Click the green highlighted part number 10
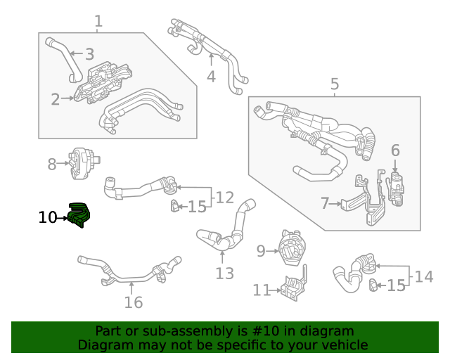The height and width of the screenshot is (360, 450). click(79, 215)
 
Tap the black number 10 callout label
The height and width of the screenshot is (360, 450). click(47, 218)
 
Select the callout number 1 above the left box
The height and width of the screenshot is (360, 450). click(98, 22)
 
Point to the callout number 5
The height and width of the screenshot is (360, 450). click(335, 85)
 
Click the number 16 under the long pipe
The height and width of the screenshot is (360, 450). click(133, 302)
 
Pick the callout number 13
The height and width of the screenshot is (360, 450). click(224, 274)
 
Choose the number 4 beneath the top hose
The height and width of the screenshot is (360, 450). click(211, 77)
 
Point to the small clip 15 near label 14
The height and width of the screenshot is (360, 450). click(373, 284)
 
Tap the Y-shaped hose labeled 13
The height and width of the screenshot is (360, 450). click(224, 232)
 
